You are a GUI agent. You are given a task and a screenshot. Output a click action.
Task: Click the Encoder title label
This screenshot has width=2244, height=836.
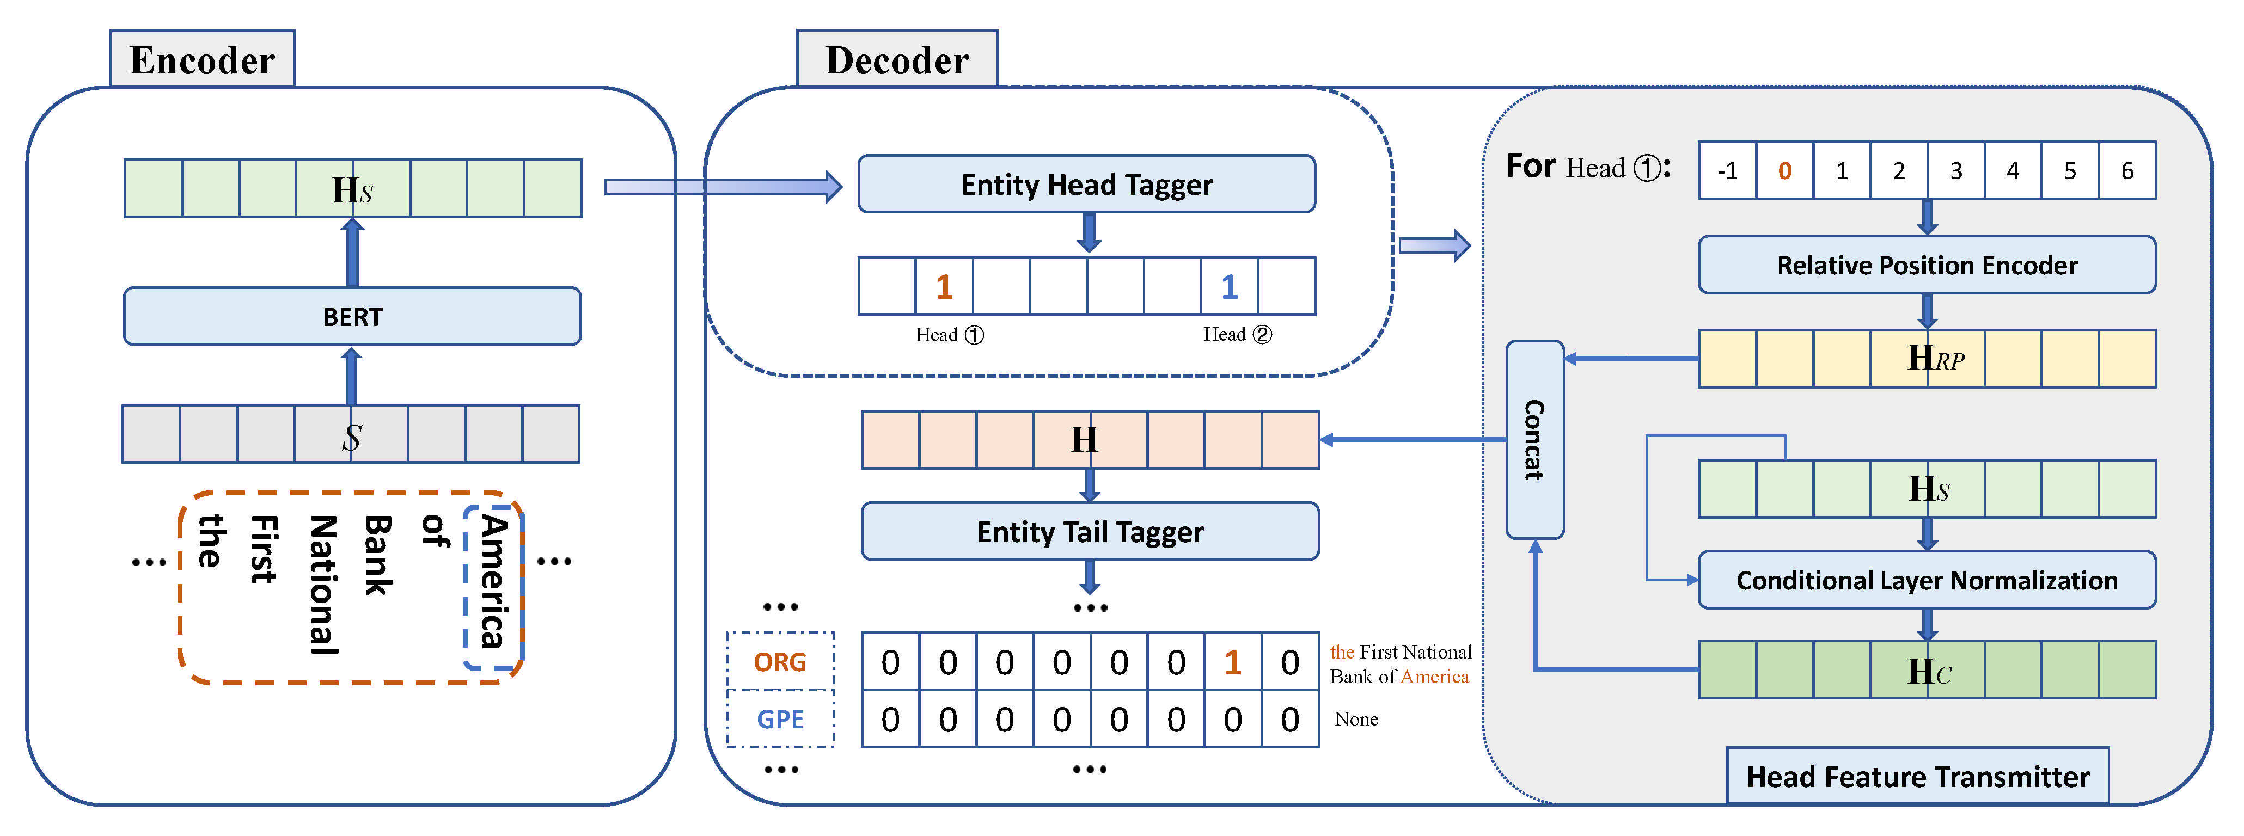click(x=202, y=60)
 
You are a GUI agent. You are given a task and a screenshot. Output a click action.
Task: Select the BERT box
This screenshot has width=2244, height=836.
click(x=352, y=317)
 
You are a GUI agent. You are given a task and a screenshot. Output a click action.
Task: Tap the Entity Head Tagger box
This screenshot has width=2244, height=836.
click(x=1086, y=185)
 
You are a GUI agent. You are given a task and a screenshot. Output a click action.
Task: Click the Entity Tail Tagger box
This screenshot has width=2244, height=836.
click(x=1089, y=531)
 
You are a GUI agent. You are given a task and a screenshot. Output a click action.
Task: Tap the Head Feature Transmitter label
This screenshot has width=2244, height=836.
click(x=1917, y=776)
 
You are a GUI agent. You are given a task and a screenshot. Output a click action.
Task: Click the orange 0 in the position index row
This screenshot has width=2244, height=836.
click(x=1784, y=171)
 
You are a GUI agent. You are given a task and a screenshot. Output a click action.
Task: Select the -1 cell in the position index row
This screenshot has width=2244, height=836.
click(x=1727, y=171)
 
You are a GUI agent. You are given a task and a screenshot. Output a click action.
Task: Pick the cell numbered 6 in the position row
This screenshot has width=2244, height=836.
click(x=2126, y=171)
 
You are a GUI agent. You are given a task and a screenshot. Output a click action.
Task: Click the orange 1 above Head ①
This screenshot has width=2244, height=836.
click(x=944, y=286)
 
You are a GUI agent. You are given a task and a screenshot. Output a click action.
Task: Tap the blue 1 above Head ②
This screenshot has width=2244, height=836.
click(x=1229, y=286)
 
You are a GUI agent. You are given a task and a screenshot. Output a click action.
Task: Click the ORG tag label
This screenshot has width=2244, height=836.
click(x=780, y=662)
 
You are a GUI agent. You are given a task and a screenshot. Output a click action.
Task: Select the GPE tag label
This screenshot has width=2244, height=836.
click(x=780, y=720)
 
